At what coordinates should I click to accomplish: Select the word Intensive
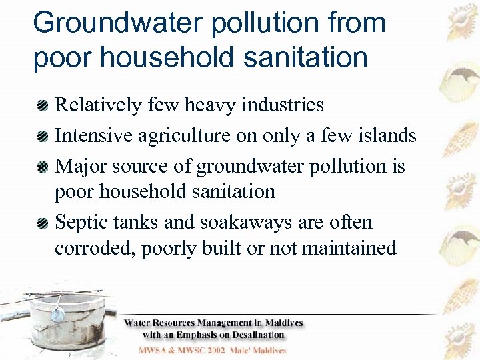(x=93, y=135)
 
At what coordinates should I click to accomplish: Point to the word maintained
(x=349, y=248)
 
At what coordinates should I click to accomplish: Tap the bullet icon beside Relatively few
(x=43, y=105)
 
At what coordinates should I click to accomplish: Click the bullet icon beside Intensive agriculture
(x=43, y=136)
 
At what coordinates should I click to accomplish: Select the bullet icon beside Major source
(x=43, y=166)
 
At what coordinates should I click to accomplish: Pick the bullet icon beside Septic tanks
(x=43, y=223)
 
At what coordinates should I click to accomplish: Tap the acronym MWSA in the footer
(x=154, y=350)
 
